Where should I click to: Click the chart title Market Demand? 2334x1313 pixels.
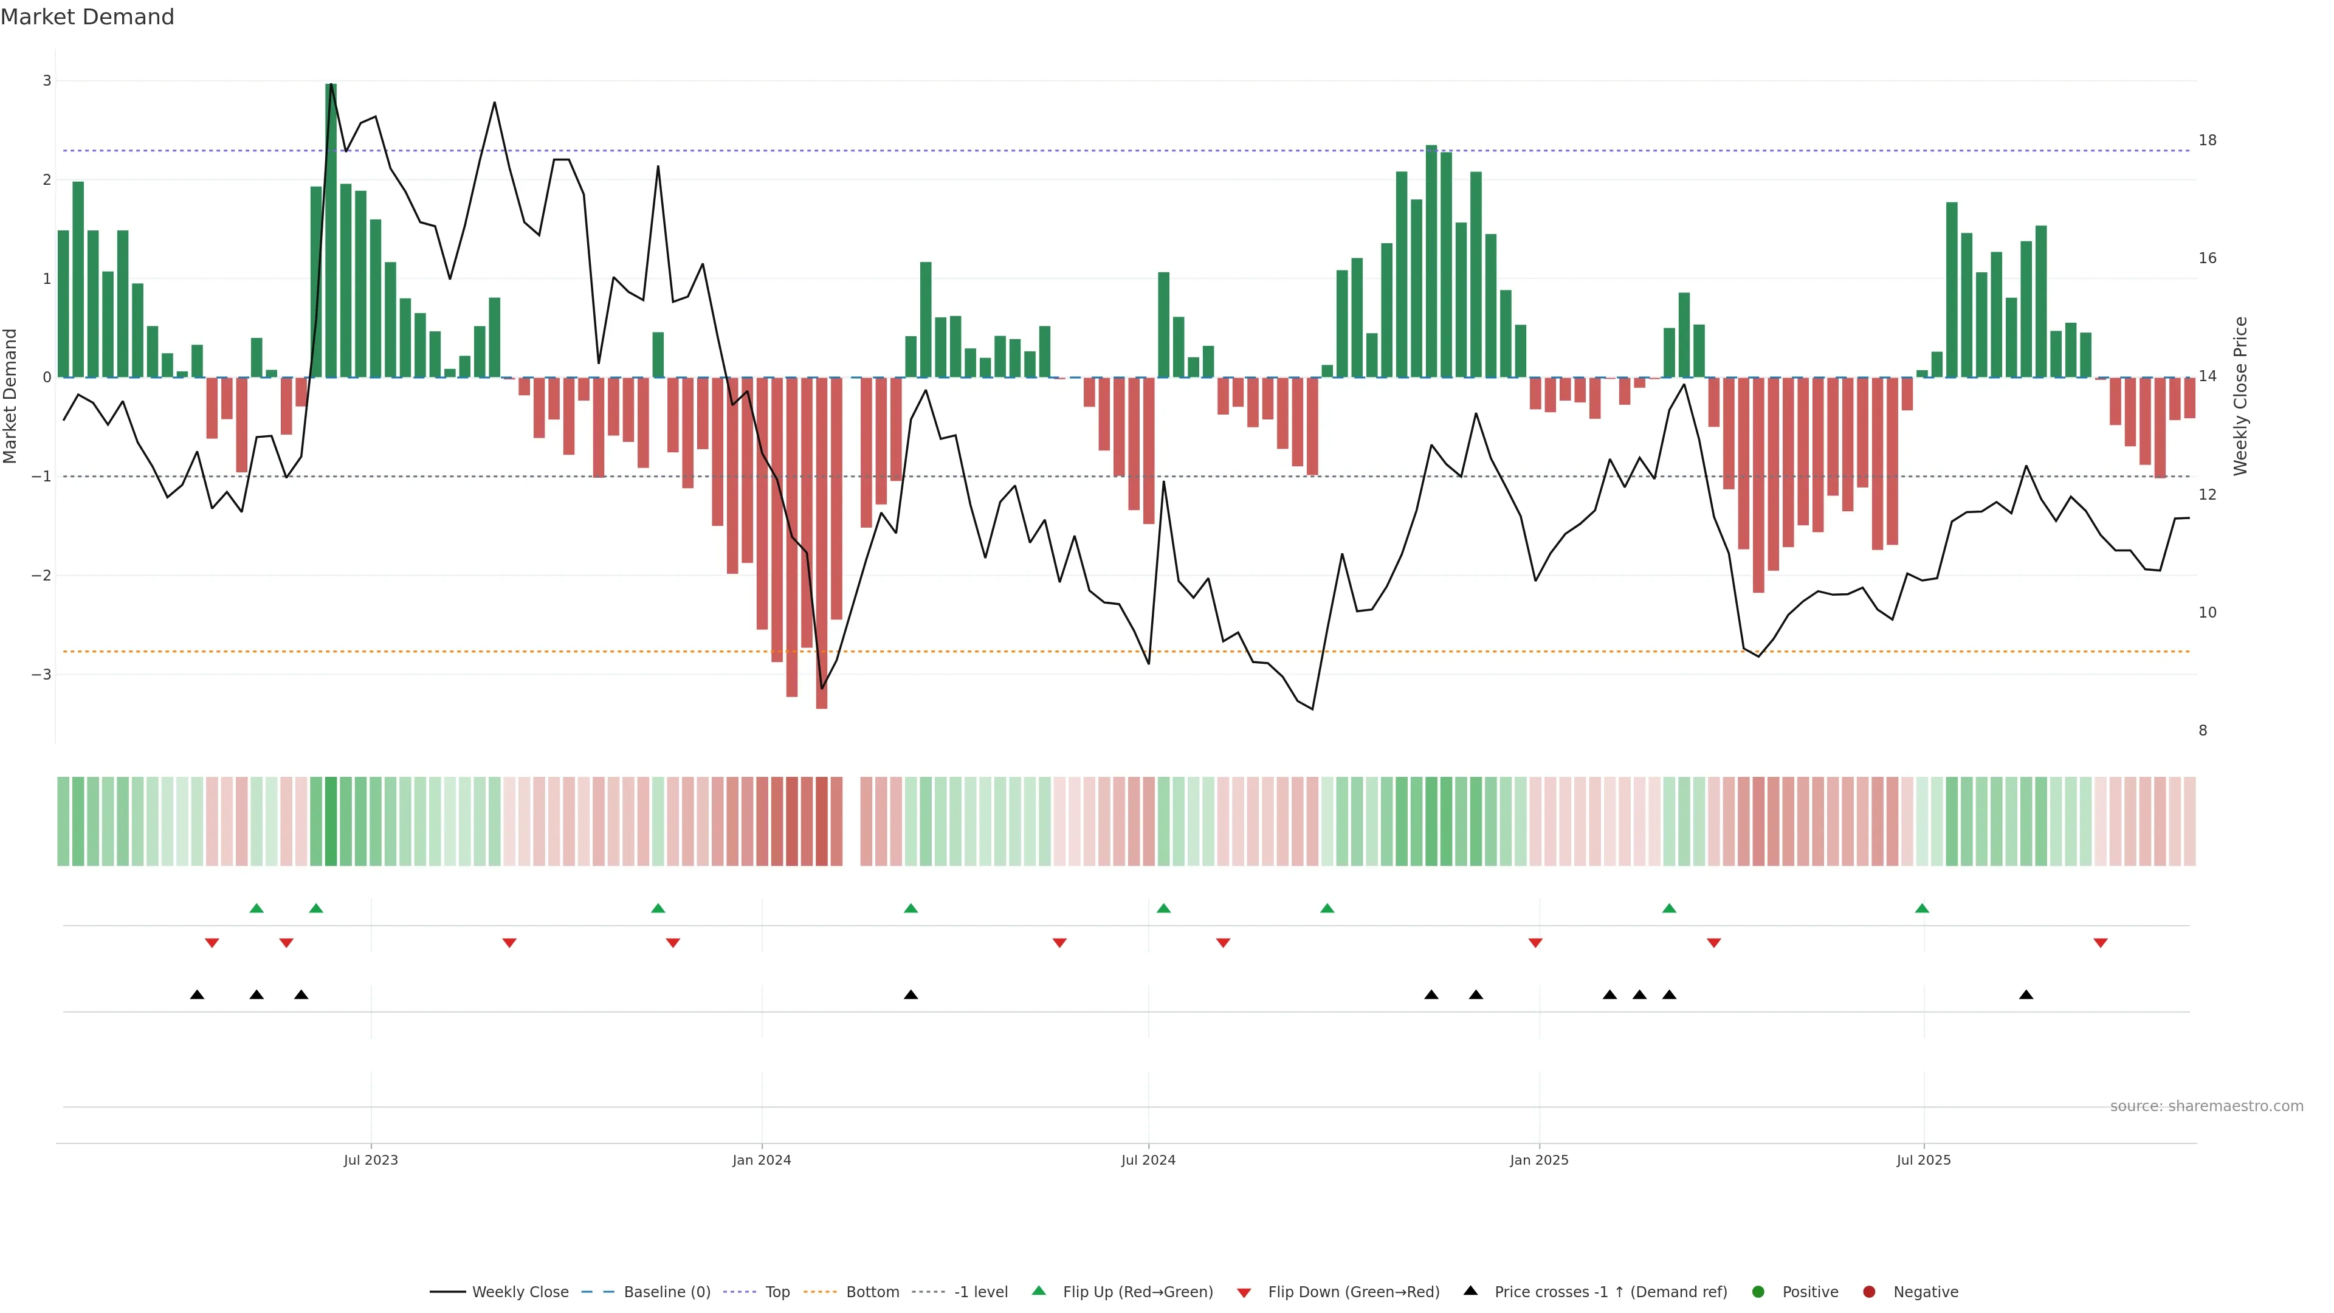tap(87, 17)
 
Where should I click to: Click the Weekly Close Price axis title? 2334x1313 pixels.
tap(2240, 396)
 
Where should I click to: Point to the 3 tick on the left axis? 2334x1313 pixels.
tap(47, 81)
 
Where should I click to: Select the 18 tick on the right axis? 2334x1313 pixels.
tap(2207, 140)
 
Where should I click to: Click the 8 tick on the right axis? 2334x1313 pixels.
tap(2203, 730)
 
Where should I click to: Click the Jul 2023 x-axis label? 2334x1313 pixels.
tap(371, 1160)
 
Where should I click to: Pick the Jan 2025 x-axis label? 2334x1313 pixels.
tap(1538, 1160)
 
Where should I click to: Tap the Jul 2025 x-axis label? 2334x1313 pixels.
tap(1924, 1160)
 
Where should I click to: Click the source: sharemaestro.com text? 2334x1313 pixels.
tap(2206, 1106)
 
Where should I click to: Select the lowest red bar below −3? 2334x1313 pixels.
tap(822, 543)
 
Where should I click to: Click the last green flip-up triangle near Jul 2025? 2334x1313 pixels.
tap(1922, 908)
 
